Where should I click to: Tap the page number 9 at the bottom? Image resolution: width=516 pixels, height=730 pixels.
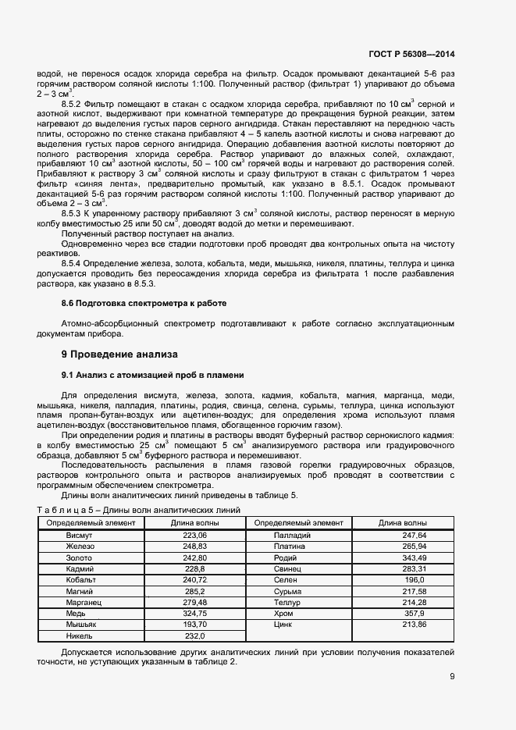452,677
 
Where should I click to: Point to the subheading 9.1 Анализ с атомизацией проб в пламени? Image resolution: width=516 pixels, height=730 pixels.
152,375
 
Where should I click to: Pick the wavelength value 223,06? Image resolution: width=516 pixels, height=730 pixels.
194,536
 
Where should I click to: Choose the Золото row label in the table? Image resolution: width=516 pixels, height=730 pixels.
79,558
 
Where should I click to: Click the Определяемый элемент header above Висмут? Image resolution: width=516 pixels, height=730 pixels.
91,522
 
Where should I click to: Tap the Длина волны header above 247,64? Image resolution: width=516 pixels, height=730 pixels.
403,522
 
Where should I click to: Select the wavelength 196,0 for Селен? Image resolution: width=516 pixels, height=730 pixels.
415,580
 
